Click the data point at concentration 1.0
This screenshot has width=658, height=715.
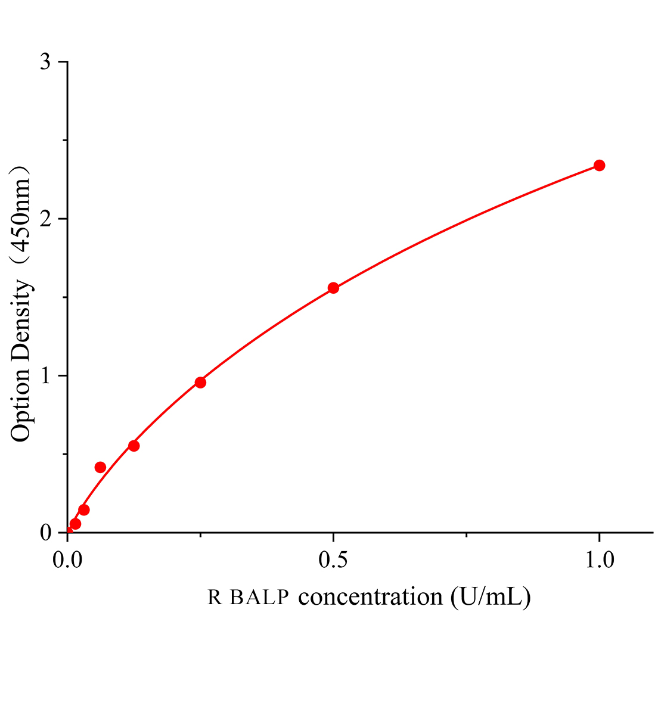pos(599,165)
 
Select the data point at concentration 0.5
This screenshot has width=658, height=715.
pos(333,288)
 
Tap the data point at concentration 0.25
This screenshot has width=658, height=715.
pos(200,383)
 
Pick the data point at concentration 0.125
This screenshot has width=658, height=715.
pos(134,446)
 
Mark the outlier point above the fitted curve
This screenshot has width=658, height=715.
pos(100,467)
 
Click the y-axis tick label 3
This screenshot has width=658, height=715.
pos(46,63)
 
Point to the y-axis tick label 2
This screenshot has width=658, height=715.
pos(46,219)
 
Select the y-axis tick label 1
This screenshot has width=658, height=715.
pos(46,376)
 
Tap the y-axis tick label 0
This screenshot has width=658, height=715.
pos(46,533)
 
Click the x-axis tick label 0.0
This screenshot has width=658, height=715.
pos(67,560)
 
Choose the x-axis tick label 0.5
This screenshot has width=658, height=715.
pos(333,560)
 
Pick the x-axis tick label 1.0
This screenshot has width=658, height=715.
pos(599,560)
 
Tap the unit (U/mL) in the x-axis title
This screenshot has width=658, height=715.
pos(491,596)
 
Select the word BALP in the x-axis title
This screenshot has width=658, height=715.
pos(262,597)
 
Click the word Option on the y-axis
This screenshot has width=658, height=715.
pos(21,403)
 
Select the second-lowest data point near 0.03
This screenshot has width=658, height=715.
pos(84,510)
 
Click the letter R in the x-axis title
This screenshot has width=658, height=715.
pos(215,597)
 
